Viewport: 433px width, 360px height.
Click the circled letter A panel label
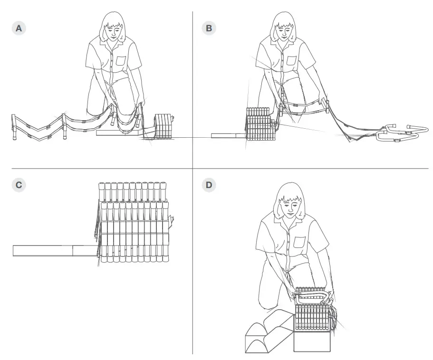[x=19, y=28]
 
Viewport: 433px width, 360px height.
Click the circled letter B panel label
[x=209, y=28]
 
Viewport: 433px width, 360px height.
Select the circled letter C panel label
[x=19, y=185]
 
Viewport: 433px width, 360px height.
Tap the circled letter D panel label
[x=209, y=185]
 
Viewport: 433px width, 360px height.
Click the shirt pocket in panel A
[x=121, y=61]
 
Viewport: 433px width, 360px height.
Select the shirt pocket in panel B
[x=291, y=61]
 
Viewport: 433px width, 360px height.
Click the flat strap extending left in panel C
[x=52, y=250]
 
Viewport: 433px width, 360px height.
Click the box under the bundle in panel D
[x=311, y=341]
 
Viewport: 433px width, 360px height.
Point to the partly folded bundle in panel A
[x=164, y=126]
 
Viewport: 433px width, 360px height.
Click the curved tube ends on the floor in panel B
[x=399, y=133]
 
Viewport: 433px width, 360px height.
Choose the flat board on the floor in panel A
[x=119, y=133]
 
